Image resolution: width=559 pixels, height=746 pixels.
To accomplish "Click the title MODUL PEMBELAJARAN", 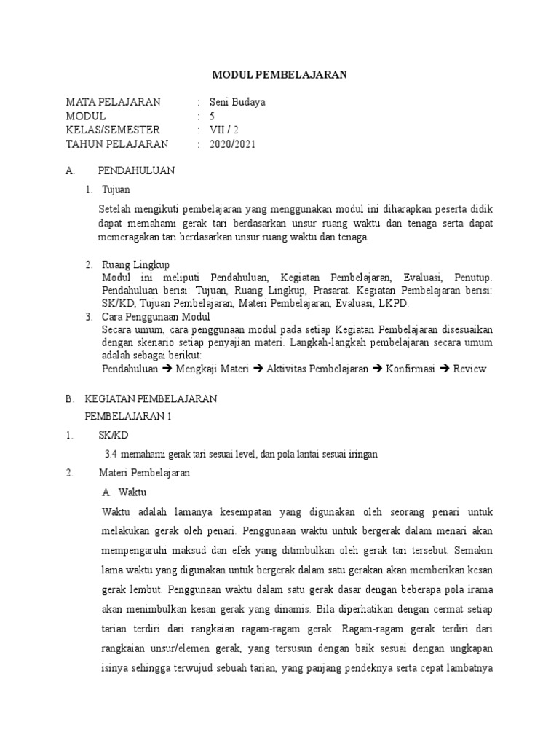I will (x=279, y=74).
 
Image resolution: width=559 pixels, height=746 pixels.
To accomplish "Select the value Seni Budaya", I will (x=237, y=102).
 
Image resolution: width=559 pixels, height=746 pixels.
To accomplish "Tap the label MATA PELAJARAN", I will (x=113, y=102).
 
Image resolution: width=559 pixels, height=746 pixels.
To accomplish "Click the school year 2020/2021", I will (x=232, y=144).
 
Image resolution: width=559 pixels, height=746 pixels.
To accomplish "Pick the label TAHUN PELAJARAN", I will (x=116, y=144).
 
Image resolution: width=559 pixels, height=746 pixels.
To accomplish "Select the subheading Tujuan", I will (x=116, y=189).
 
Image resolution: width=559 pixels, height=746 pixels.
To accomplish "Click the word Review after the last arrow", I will (x=469, y=369).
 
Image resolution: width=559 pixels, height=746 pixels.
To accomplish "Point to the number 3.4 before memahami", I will (x=111, y=454).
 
